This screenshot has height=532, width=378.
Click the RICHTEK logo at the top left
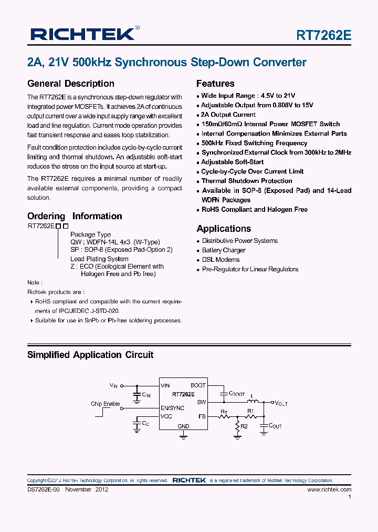pyautogui.click(x=83, y=35)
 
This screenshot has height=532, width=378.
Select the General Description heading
pyautogui.click(x=70, y=84)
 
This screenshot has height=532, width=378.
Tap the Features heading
pyautogui.click(x=215, y=84)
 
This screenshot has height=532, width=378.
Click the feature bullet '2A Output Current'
pyautogui.click(x=228, y=115)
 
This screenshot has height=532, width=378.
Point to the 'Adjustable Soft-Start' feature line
pyautogui.click(x=233, y=162)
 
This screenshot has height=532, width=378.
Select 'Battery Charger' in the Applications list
pyautogui.click(x=224, y=250)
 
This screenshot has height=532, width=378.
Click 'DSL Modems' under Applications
pyautogui.click(x=220, y=260)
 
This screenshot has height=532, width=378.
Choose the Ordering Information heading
pyautogui.click(x=75, y=216)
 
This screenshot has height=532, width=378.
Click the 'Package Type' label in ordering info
pyautogui.click(x=90, y=234)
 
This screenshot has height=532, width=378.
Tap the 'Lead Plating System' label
pyautogui.click(x=99, y=259)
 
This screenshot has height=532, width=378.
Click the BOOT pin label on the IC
pyautogui.click(x=198, y=385)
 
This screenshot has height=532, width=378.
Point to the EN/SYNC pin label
pyautogui.click(x=172, y=407)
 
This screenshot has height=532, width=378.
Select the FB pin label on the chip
pyautogui.click(x=202, y=416)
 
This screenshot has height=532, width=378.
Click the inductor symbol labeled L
pyautogui.click(x=252, y=402)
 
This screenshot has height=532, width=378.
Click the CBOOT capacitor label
pyautogui.click(x=237, y=393)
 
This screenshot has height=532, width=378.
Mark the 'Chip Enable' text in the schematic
pyautogui.click(x=105, y=404)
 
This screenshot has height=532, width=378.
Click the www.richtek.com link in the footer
pyautogui.click(x=329, y=489)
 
